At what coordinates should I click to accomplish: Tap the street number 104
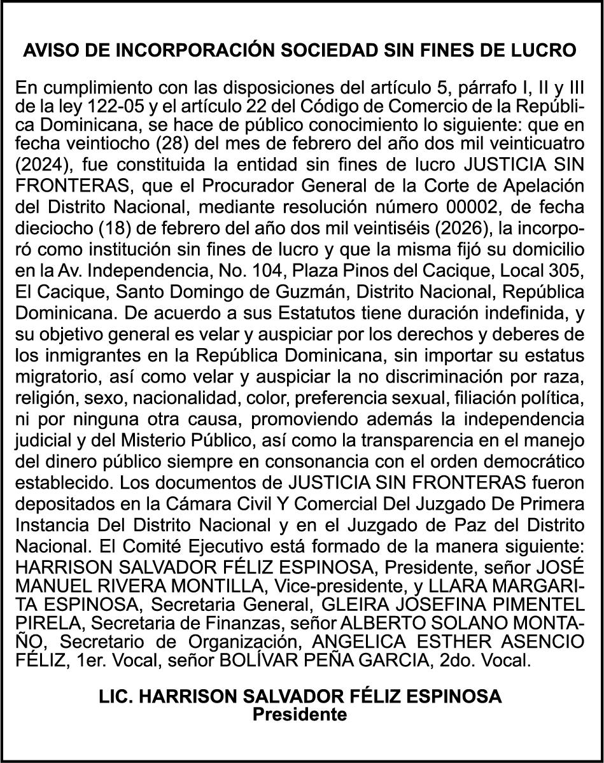(295, 269)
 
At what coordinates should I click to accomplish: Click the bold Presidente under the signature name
(300, 713)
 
